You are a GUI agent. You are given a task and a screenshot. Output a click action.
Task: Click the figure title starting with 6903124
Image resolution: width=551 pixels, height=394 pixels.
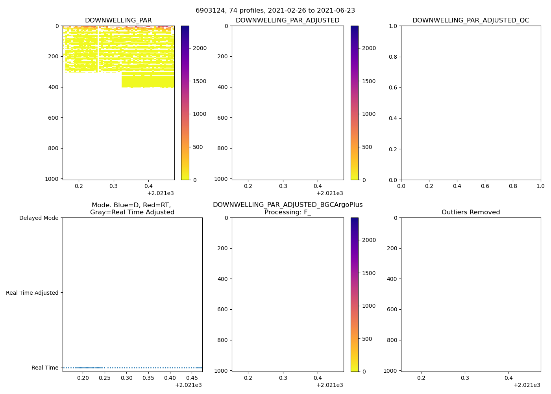[x=275, y=11]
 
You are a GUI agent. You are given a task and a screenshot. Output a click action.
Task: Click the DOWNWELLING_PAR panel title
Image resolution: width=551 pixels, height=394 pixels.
[x=118, y=20]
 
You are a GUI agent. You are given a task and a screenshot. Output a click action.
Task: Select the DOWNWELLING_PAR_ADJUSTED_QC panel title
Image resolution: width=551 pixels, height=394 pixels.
[x=470, y=20]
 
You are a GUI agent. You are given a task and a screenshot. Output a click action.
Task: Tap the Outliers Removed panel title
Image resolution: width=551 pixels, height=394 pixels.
[x=470, y=212]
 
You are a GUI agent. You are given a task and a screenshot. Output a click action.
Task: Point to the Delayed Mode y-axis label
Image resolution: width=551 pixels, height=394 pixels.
[x=39, y=218]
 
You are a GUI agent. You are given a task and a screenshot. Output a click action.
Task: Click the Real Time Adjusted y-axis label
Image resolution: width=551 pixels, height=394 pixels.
[x=32, y=293]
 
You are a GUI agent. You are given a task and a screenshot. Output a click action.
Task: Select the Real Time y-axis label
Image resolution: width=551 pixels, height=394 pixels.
[x=45, y=368]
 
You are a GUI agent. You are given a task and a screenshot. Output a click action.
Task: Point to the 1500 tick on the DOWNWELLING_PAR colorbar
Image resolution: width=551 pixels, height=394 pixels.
[x=198, y=81]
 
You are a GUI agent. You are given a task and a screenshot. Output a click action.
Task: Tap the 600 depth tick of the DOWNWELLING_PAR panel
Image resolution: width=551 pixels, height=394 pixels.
[x=54, y=118]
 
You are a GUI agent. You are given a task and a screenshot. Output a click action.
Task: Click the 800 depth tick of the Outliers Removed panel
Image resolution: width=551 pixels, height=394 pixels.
[x=392, y=340]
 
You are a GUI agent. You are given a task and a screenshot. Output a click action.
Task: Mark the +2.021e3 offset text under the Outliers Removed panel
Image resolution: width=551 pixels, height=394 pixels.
[x=527, y=385]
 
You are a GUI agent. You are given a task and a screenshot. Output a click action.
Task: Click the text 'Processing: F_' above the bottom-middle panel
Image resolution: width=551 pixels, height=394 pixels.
[x=287, y=212]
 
